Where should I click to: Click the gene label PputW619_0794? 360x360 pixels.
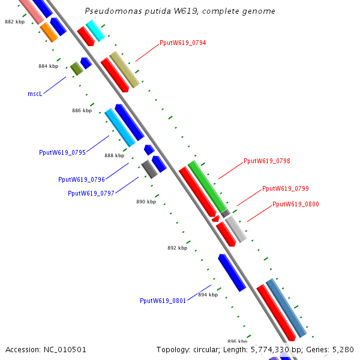(x=182, y=43)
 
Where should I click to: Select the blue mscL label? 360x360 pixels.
(x=35, y=94)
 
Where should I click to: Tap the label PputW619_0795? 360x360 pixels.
(x=62, y=152)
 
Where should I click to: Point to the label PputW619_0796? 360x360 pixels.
(x=82, y=179)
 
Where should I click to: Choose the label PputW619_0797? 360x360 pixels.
(x=91, y=193)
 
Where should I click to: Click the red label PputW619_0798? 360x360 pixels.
(x=266, y=161)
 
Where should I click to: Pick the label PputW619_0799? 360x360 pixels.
(x=285, y=188)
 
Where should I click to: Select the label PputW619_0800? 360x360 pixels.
(x=295, y=204)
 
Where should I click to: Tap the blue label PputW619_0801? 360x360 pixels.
(x=163, y=301)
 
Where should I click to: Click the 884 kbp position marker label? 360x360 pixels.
(x=48, y=67)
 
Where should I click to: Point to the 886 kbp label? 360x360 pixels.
(x=82, y=110)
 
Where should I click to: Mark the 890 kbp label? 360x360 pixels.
(x=146, y=202)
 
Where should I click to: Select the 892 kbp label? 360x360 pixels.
(x=177, y=248)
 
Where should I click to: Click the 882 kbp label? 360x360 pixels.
(x=14, y=21)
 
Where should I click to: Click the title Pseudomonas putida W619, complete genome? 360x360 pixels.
(x=180, y=11)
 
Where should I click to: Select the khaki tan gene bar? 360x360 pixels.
(x=124, y=69)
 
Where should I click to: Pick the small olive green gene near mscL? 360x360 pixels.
(x=76, y=69)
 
